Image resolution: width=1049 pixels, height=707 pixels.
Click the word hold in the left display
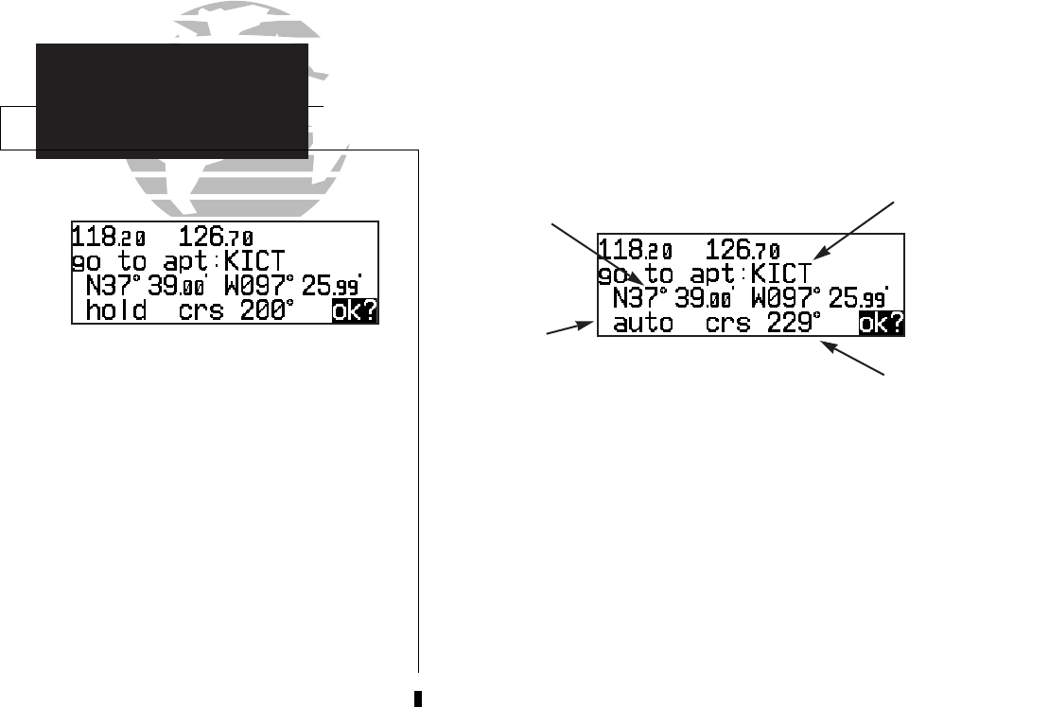[116, 309]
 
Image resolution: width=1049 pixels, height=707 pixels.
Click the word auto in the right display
[643, 324]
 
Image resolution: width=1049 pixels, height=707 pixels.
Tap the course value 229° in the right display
[791, 324]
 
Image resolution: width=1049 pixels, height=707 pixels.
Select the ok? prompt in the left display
[354, 310]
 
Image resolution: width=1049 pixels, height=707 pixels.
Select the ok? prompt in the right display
[881, 325]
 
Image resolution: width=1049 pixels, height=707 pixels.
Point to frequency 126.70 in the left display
[217, 237]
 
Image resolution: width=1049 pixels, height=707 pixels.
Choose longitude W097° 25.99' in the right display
[820, 300]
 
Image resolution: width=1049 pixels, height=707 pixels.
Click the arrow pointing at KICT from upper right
[856, 227]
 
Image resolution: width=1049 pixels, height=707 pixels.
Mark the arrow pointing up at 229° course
[854, 360]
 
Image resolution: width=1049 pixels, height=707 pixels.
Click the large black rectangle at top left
[172, 100]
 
